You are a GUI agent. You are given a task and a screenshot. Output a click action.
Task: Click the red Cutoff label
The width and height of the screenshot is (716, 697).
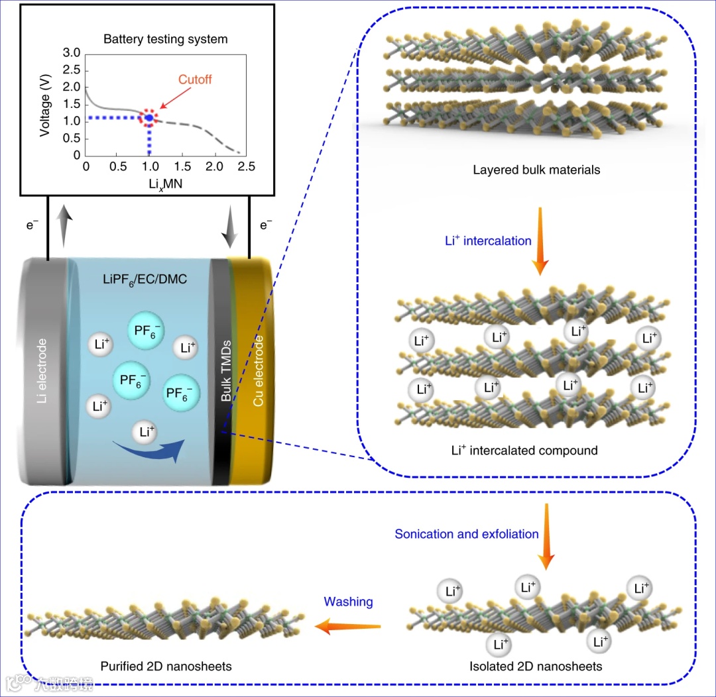(195, 80)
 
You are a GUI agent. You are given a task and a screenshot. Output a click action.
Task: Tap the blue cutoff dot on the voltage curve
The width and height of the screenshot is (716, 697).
(149, 118)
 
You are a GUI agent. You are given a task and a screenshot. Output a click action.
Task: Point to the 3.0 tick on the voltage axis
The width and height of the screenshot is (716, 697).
(72, 53)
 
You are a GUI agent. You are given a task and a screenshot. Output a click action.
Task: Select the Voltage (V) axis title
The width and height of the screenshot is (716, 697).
(45, 105)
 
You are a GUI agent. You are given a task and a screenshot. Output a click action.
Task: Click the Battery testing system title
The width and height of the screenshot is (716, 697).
(165, 39)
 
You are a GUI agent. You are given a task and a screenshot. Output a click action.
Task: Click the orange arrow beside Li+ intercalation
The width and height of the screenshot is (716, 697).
(541, 241)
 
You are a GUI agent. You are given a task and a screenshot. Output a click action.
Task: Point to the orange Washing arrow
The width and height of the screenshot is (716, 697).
(347, 626)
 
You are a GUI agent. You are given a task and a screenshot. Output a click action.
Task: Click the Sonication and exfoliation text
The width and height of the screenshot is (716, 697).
(467, 534)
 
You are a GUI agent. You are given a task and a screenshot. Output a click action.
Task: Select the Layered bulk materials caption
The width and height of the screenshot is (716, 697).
(536, 170)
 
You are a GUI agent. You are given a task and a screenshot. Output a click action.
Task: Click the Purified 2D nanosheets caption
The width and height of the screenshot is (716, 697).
(166, 666)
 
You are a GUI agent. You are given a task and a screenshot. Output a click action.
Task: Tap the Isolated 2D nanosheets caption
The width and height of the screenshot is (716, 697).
(536, 666)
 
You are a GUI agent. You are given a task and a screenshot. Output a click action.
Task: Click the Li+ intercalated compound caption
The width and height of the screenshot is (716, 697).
(524, 451)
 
